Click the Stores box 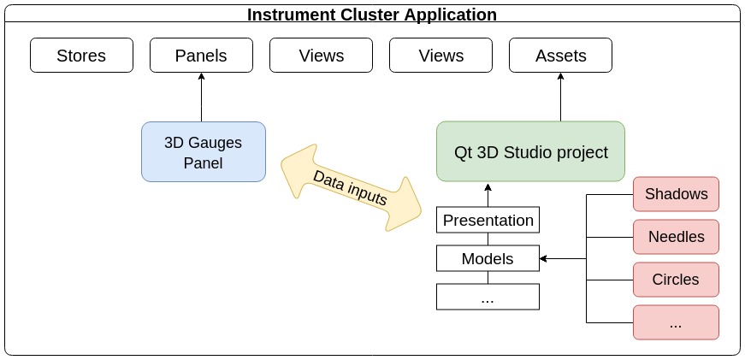click(81, 56)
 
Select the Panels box click(201, 56)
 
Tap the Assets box click(560, 56)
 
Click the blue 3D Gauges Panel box click(204, 152)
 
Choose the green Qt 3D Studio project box click(530, 152)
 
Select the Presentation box click(488, 220)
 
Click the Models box click(488, 258)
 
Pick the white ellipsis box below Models click(488, 297)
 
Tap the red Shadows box click(676, 194)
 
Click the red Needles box click(676, 237)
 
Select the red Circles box click(676, 280)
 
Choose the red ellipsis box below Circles click(676, 322)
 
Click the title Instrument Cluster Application click(372, 15)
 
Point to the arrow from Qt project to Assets click(560, 97)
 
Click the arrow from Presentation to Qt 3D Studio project click(488, 194)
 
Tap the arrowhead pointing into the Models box click(544, 258)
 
